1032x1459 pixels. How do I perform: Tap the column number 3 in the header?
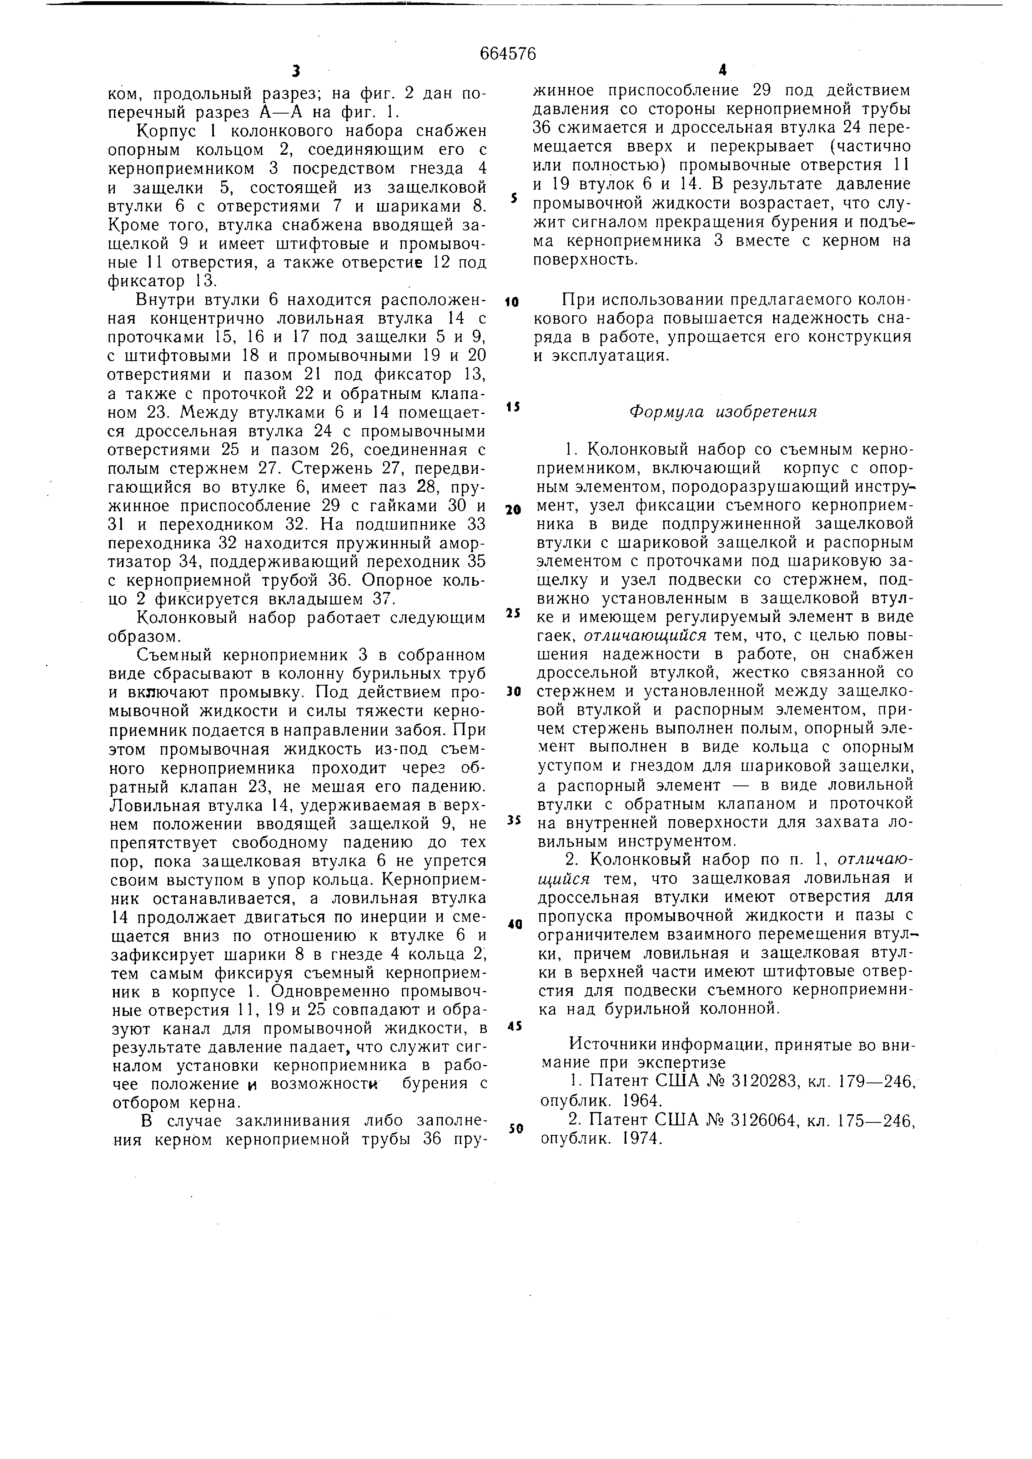295,71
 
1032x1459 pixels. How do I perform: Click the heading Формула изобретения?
722,412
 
